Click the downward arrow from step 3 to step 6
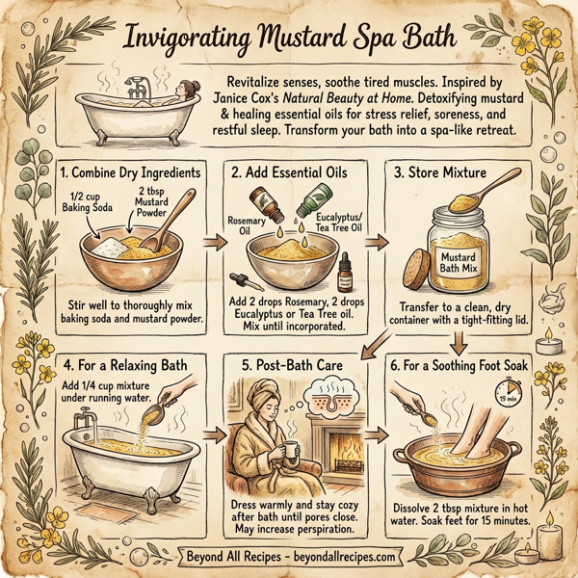click(x=460, y=340)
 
